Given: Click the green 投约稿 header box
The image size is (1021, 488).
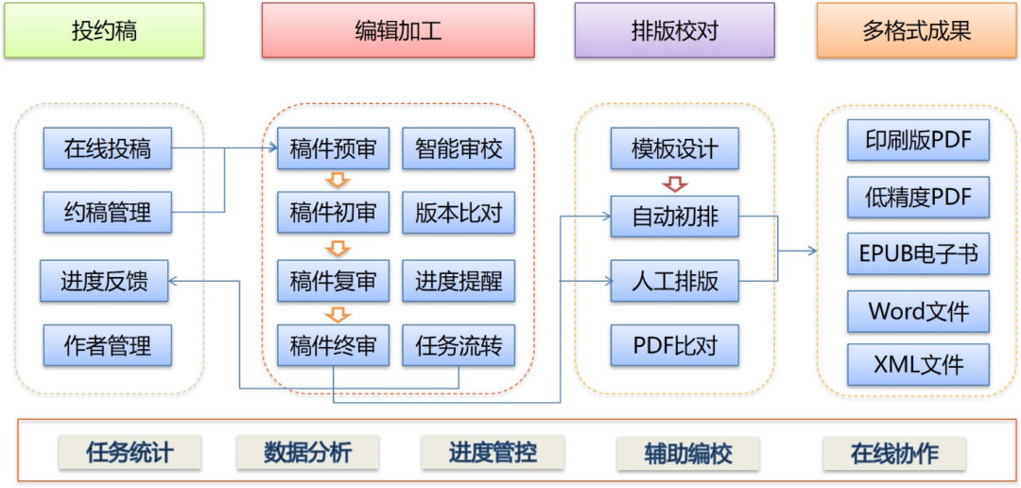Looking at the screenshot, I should [104, 30].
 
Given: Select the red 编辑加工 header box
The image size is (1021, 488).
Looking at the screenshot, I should [398, 30].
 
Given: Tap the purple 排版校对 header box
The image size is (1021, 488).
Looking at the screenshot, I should [674, 30].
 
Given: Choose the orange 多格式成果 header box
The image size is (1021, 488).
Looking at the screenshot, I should [916, 30].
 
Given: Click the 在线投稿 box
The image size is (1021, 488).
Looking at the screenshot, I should [108, 148].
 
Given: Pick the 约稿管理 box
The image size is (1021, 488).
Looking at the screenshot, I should [108, 212].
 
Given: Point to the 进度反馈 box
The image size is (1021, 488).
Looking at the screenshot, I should [104, 281].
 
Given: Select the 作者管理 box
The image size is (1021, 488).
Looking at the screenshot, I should [108, 345].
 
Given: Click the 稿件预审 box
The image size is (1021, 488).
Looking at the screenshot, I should [333, 148].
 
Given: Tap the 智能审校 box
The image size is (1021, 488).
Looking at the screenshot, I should [459, 148].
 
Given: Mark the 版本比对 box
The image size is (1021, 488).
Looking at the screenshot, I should [459, 213].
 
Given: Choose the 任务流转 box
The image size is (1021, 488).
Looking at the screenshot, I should [459, 345].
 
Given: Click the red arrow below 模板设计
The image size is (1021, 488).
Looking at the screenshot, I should [675, 183].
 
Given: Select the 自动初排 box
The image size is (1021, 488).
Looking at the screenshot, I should [675, 218].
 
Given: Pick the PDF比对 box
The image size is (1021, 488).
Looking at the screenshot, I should [675, 345].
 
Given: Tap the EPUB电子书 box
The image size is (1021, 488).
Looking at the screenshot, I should [918, 254].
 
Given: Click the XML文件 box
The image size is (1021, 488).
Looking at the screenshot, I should [918, 364].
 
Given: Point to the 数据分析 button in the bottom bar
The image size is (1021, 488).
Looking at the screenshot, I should [307, 453].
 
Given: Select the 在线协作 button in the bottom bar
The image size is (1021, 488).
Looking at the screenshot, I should [894, 453].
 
